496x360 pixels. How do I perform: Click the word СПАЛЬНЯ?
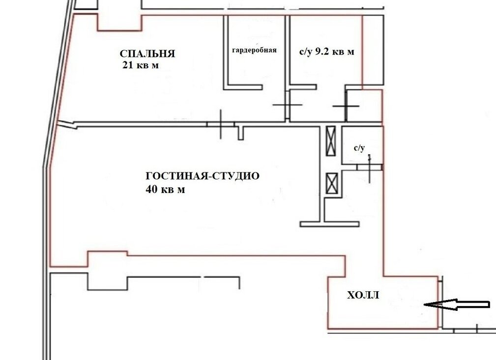point(147,54)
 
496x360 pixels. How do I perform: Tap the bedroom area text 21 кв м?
point(141,65)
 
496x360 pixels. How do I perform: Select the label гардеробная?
point(254,50)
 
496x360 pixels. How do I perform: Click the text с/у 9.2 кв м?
point(327,52)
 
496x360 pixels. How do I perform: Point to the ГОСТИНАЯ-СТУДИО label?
point(203,175)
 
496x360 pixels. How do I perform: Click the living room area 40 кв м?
point(166,189)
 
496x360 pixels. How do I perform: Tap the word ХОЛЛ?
point(363,295)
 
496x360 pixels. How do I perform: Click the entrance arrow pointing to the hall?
point(457,305)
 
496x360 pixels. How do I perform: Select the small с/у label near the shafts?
point(359,148)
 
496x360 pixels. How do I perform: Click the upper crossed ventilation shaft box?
point(331,141)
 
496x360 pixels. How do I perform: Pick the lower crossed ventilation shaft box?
point(332,184)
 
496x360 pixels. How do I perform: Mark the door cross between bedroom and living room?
point(221,124)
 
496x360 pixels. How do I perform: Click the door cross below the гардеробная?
point(287,105)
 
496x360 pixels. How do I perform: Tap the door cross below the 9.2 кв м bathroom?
point(346,106)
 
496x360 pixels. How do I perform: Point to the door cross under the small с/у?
point(370,167)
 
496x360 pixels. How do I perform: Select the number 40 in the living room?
point(151,189)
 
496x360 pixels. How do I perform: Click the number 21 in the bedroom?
point(128,65)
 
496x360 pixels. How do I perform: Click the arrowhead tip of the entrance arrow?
point(424,305)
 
